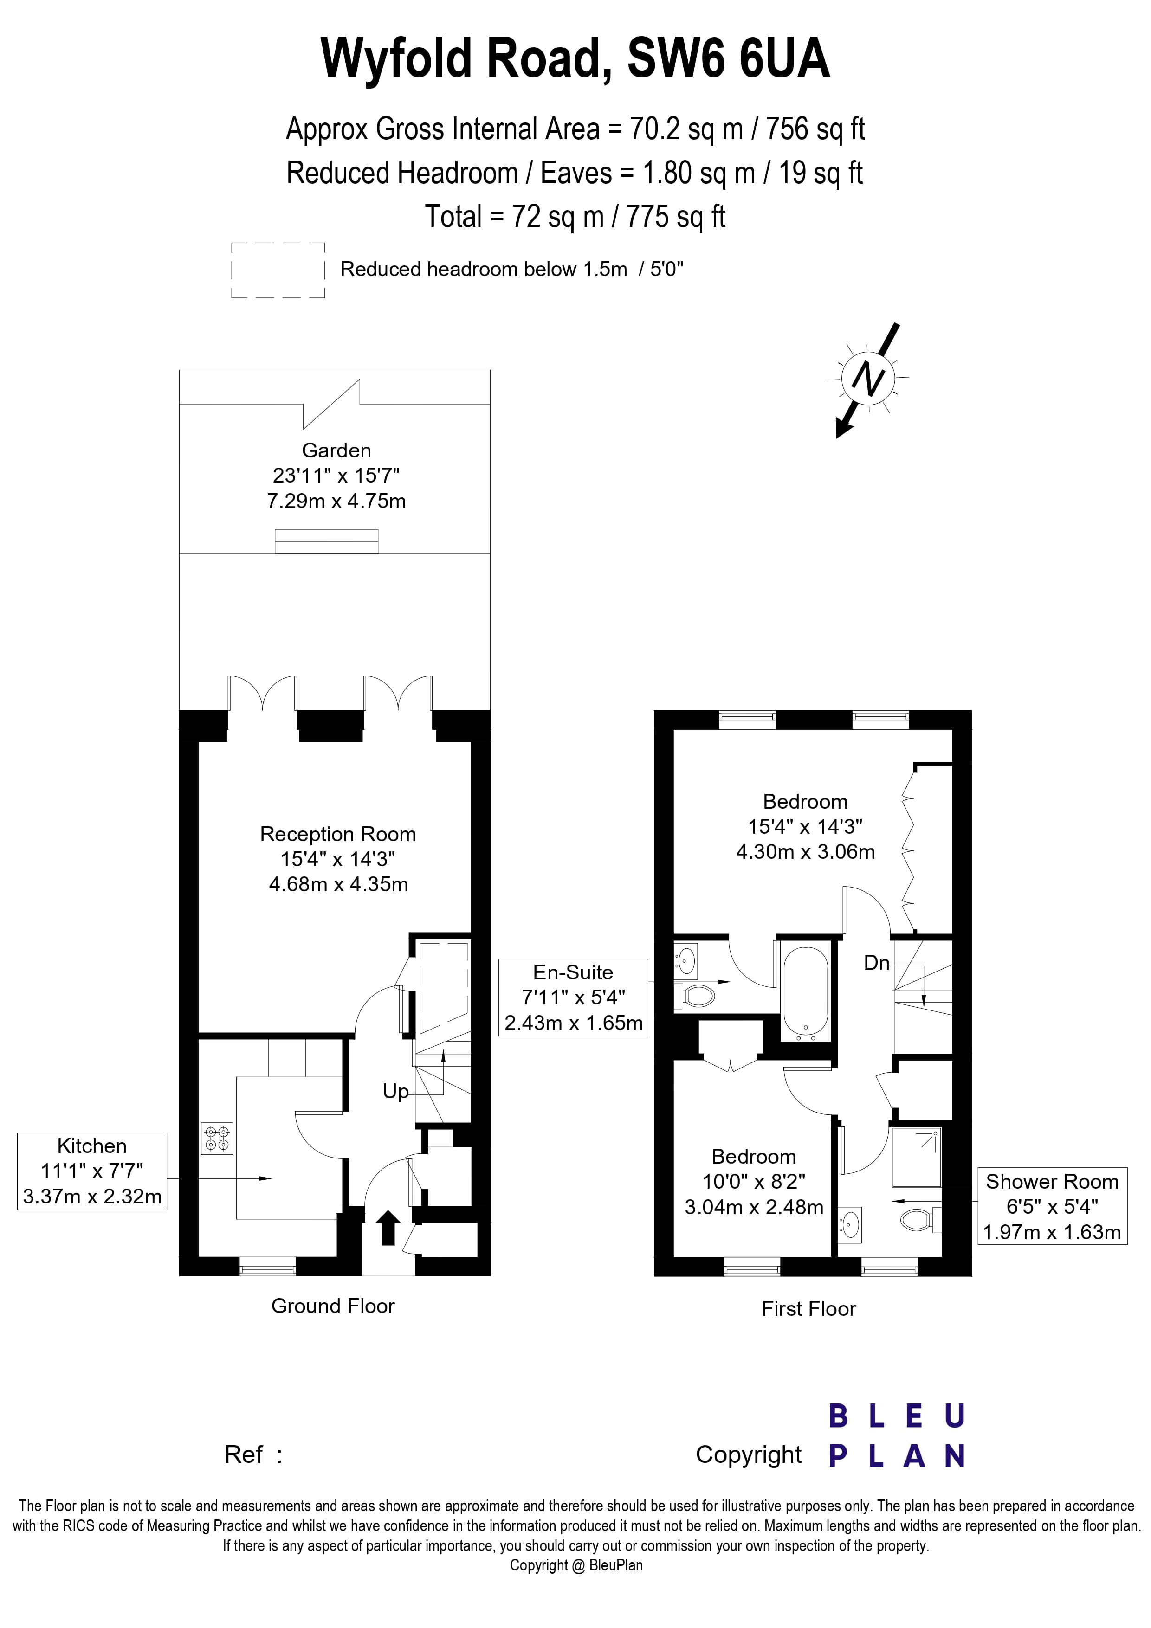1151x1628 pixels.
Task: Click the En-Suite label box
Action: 573,997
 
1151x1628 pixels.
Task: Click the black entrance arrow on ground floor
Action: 387,1228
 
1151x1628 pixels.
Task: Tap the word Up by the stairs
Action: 396,1091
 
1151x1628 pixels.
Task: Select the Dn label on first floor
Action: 877,962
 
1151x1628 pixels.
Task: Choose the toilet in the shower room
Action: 918,1220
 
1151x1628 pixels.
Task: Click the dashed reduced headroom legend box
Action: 278,270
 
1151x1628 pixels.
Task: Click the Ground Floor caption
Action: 333,1306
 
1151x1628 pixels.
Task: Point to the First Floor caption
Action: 808,1309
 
